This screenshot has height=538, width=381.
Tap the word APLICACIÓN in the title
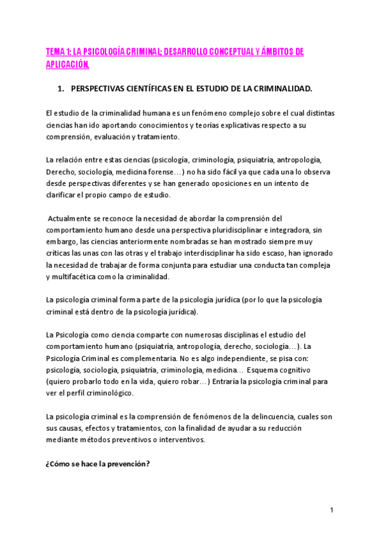(67, 65)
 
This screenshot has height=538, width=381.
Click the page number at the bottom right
(332, 511)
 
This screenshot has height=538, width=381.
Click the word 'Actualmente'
(72, 219)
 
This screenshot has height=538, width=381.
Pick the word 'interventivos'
(180, 440)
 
